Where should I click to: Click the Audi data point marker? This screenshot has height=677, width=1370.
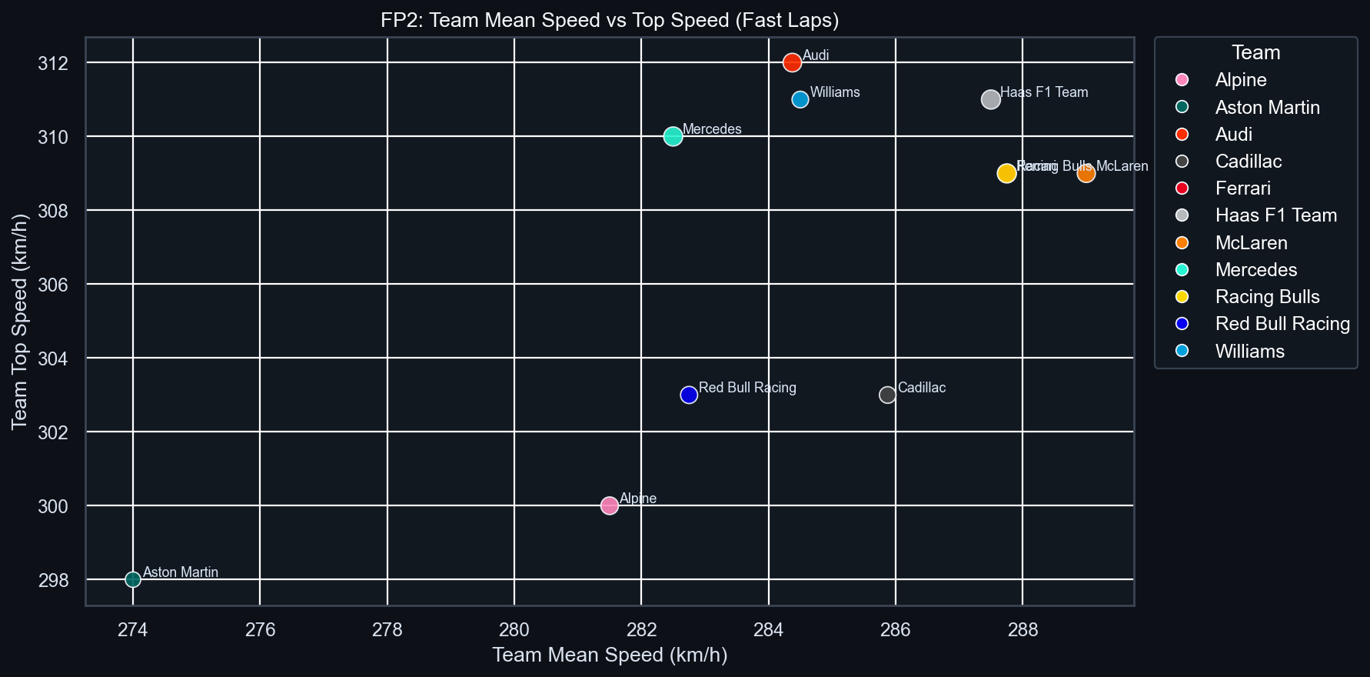792,62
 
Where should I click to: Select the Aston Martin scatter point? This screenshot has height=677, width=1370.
133,579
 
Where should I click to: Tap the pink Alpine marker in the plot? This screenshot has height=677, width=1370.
610,505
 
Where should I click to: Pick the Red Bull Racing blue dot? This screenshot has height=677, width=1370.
689,395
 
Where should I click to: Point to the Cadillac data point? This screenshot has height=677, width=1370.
887,395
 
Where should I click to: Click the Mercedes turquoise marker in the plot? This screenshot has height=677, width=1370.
673,136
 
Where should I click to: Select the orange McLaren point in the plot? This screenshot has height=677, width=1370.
1086,173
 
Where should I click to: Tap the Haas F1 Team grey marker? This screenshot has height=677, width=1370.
990,99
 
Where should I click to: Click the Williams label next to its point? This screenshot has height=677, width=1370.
835,92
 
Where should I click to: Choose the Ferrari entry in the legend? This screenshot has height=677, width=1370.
1242,188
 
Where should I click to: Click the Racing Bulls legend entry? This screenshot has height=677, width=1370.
1267,297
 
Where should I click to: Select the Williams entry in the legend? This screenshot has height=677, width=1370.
1249,352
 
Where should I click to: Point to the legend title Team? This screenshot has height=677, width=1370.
1255,52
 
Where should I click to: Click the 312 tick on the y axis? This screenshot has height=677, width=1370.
53,63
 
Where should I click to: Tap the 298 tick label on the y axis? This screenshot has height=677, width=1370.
53,580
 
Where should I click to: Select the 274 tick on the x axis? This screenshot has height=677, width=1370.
133,629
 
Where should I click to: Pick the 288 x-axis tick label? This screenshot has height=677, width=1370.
1023,629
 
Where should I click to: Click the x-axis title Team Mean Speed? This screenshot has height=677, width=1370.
610,655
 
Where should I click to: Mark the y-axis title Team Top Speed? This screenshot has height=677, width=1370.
20,322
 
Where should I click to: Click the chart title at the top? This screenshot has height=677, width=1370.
610,20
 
